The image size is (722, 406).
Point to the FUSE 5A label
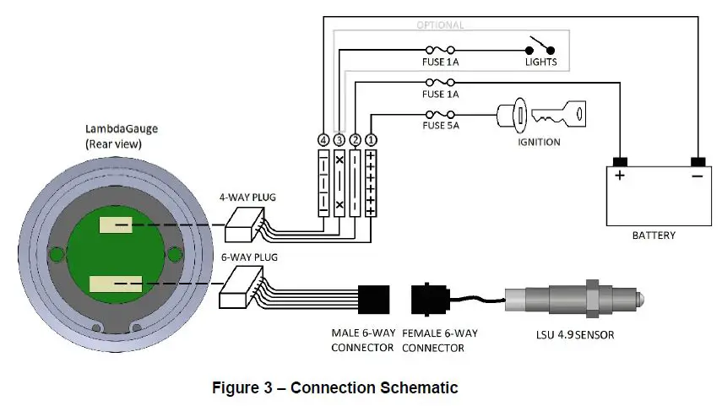(x=441, y=127)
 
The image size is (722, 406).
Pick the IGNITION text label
(x=539, y=142)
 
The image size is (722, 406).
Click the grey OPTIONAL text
(x=441, y=25)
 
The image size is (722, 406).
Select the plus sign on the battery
(x=620, y=176)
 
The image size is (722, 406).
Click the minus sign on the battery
(x=697, y=176)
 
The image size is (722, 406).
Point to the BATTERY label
(x=654, y=235)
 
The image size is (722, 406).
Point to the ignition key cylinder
(x=513, y=114)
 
